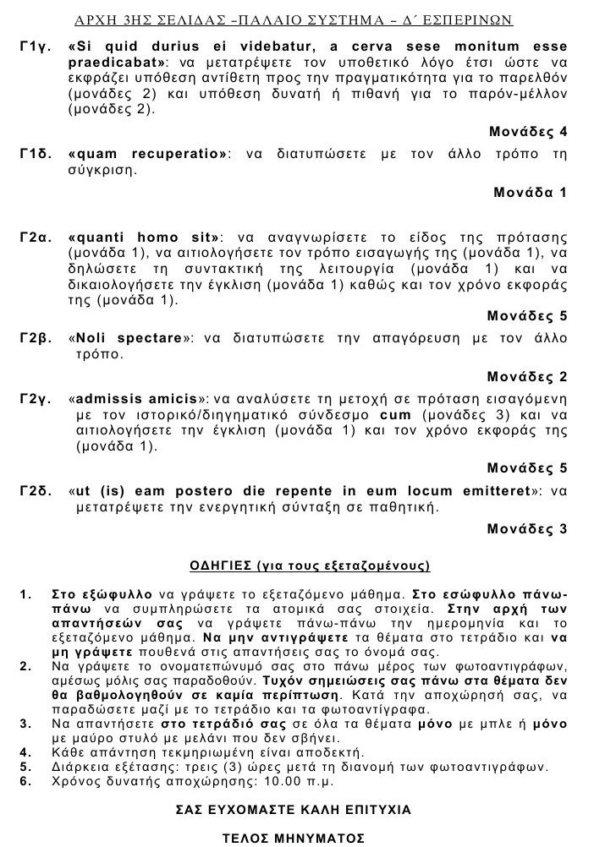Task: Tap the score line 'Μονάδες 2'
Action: coord(527,376)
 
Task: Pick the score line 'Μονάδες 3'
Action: coord(527,529)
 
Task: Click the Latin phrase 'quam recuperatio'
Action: coord(151,156)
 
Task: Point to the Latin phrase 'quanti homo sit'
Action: coord(144,238)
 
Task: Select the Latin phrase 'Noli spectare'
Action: coord(131,339)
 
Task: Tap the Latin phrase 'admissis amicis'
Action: coord(140,400)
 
